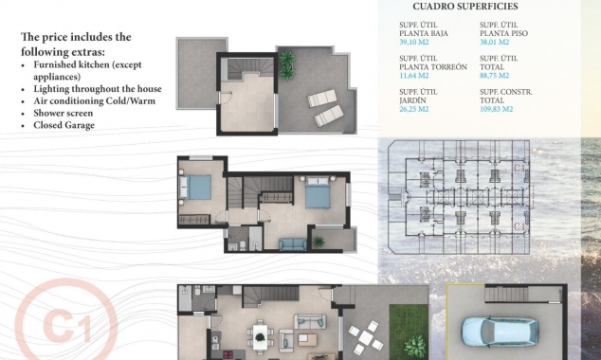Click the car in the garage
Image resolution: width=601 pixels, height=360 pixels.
click(x=500, y=331)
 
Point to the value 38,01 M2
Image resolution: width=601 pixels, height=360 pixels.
click(x=495, y=42)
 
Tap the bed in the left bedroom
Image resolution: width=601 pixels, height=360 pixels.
click(x=198, y=188)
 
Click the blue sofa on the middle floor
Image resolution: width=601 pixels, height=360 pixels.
click(x=293, y=244)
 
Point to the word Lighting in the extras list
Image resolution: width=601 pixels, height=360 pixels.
click(x=51, y=88)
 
